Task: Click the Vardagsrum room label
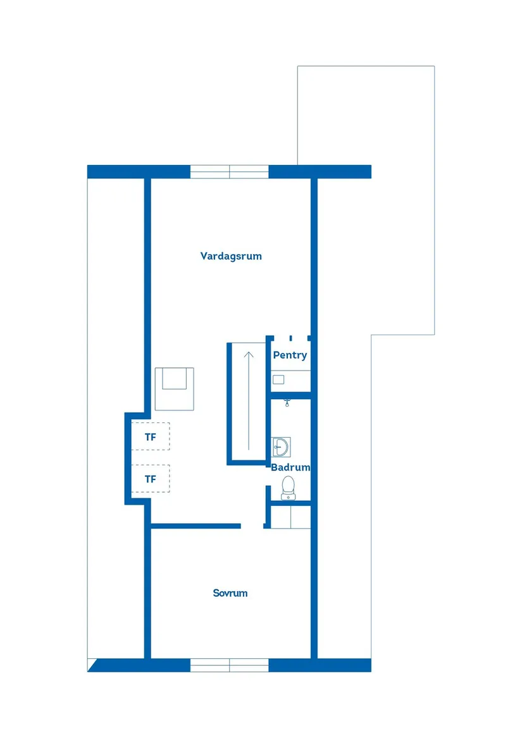[231, 256]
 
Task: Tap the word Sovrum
[230, 593]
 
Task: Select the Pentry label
[290, 355]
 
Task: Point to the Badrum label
[290, 468]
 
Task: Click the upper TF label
[150, 437]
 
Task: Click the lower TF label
[150, 479]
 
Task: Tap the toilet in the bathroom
[289, 488]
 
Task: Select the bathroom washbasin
[280, 446]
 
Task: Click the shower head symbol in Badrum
[288, 402]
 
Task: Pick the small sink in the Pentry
[278, 379]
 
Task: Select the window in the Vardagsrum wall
[230, 171]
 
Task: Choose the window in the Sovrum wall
[230, 665]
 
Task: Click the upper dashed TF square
[151, 436]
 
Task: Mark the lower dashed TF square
[151, 478]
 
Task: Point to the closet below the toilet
[290, 517]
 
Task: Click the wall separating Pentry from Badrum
[290, 396]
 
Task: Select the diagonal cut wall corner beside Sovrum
[94, 665]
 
